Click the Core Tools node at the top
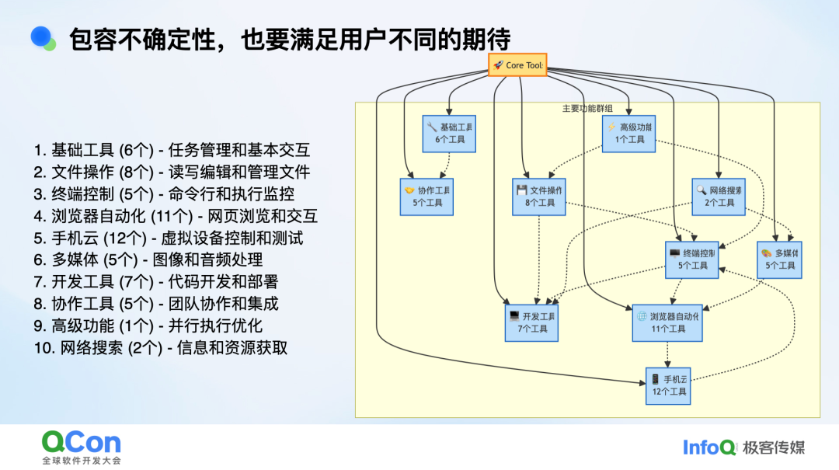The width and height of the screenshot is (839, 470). (517, 65)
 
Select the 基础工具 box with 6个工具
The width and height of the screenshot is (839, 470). (449, 133)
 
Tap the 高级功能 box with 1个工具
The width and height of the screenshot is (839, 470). (628, 133)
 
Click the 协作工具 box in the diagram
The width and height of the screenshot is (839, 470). (426, 196)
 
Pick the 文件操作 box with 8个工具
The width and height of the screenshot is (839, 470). (539, 196)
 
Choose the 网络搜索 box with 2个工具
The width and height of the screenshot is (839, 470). (719, 196)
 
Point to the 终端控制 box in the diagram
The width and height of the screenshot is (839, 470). (692, 259)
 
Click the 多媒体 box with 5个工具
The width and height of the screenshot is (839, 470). (779, 259)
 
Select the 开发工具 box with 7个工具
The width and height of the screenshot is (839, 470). (531, 322)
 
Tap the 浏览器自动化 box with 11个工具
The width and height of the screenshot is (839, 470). (667, 322)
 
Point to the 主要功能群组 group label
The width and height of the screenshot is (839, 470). (587, 109)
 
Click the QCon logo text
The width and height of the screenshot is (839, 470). (82, 443)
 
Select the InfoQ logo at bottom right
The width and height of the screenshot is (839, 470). (709, 447)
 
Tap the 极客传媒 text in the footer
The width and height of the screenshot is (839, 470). (774, 447)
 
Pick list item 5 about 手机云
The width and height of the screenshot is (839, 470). (168, 238)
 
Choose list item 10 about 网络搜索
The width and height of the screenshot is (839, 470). (160, 347)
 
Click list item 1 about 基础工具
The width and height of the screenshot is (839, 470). (171, 151)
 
